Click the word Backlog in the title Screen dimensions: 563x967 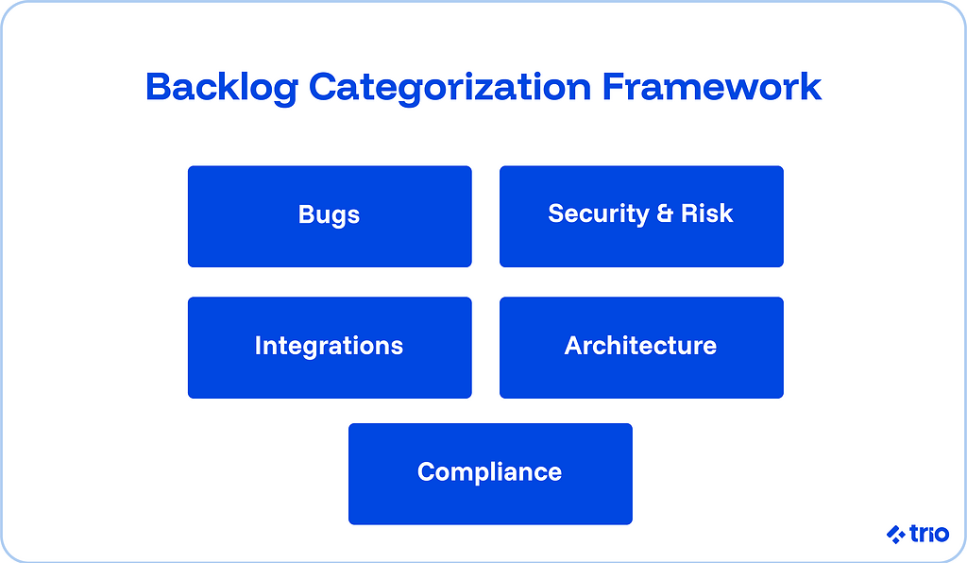222,88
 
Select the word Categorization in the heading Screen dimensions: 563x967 450,88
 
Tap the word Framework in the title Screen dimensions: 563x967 712,88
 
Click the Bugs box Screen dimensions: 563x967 330,216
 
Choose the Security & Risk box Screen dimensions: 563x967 641,216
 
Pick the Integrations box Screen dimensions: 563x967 330,347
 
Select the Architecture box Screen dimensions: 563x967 641,347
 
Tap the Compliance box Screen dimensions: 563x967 490,473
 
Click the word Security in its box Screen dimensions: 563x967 599,214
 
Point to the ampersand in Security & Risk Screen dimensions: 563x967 666,214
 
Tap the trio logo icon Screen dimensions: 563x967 896,535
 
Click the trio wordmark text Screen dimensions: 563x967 929,534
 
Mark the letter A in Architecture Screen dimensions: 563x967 572,346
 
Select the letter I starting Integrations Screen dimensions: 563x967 258,346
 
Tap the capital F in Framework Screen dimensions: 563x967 615,88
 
